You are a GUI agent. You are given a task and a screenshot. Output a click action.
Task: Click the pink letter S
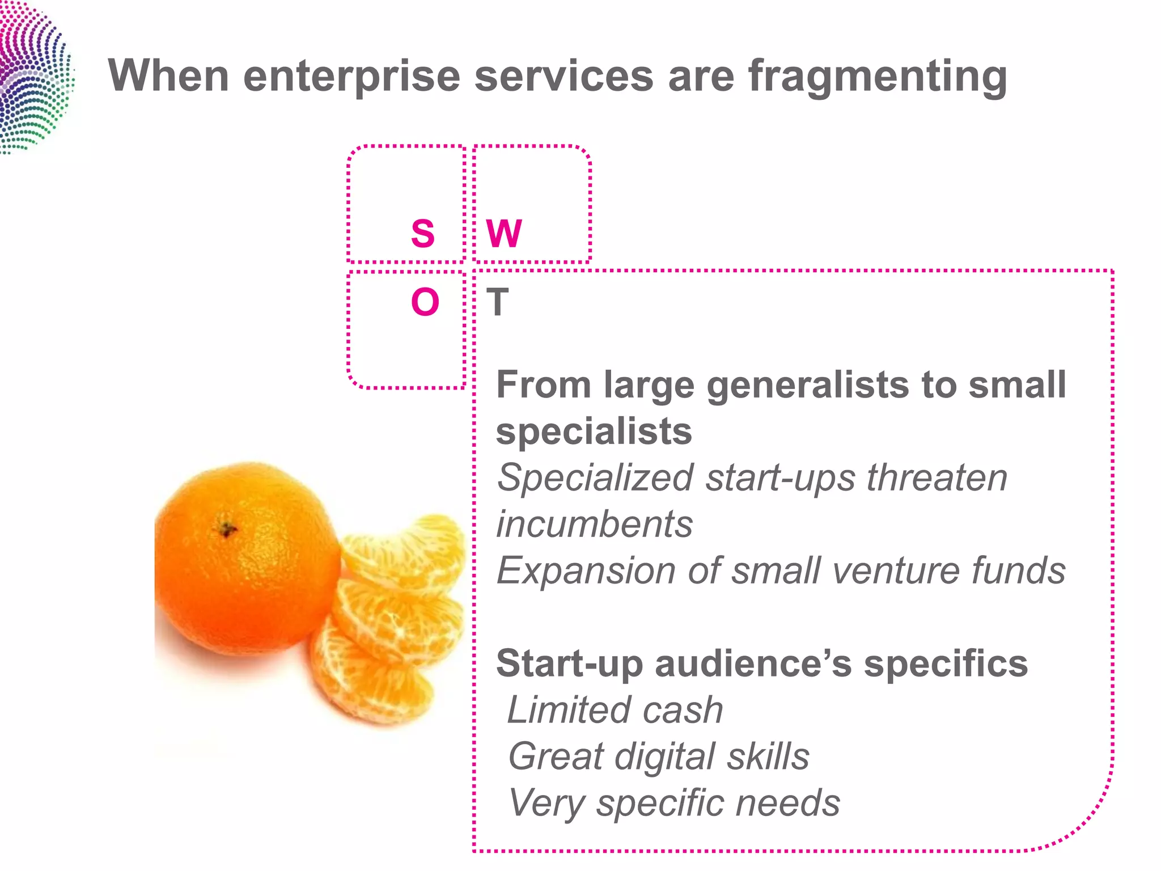423,234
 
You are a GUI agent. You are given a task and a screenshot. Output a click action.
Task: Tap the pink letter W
504,234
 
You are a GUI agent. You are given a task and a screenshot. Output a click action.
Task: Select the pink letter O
425,302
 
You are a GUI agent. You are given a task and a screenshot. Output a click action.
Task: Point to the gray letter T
497,302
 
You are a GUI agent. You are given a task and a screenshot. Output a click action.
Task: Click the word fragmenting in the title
877,77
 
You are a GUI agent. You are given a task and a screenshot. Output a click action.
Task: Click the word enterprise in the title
351,77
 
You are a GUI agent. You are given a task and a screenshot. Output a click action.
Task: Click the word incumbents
595,524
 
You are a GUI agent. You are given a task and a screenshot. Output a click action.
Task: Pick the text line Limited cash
615,710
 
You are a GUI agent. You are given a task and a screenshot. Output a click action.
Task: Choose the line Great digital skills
659,756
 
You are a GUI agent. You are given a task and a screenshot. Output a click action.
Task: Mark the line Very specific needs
674,803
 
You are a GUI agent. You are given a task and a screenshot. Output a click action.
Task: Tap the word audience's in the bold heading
753,663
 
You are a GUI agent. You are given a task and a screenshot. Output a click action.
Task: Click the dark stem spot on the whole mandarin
227,530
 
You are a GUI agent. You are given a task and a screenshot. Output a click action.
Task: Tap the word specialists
594,432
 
